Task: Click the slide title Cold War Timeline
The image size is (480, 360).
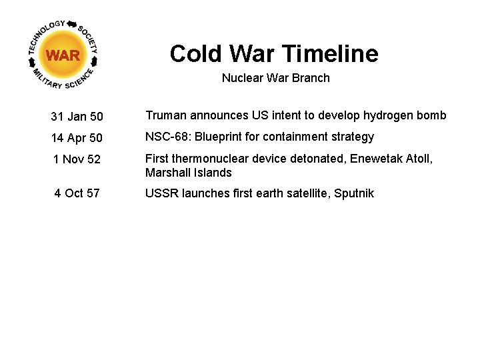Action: click(x=273, y=53)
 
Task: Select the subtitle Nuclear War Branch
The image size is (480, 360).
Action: click(x=275, y=78)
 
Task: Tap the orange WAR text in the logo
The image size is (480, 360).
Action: click(x=63, y=55)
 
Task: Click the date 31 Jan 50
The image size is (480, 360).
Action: click(x=77, y=117)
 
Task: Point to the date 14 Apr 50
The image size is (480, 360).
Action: click(x=77, y=138)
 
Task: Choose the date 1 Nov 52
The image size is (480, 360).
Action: click(x=77, y=160)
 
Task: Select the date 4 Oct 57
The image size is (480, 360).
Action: click(x=77, y=193)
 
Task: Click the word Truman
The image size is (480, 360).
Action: click(x=165, y=115)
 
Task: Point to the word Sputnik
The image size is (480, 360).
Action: click(x=354, y=193)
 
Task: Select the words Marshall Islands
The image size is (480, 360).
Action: click(x=189, y=173)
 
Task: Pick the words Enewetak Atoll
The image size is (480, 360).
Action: click(x=394, y=158)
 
